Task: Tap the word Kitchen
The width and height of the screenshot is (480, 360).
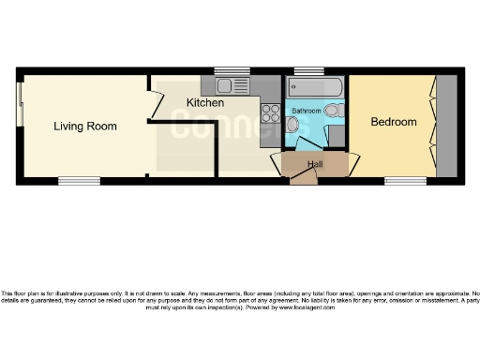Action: [x=204, y=102]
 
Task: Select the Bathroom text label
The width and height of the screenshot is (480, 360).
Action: [x=307, y=111]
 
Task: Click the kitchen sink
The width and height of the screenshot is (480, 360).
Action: [x=230, y=87]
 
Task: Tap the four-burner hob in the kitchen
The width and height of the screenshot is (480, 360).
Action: [x=271, y=113]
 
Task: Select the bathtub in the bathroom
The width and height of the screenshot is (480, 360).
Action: [x=315, y=87]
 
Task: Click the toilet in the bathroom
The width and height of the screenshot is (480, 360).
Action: [x=337, y=111]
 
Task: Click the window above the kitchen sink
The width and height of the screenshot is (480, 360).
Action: [x=231, y=70]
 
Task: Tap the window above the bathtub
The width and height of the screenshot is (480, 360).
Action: [x=308, y=70]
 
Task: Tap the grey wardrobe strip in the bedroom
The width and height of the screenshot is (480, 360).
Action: [x=447, y=126]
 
